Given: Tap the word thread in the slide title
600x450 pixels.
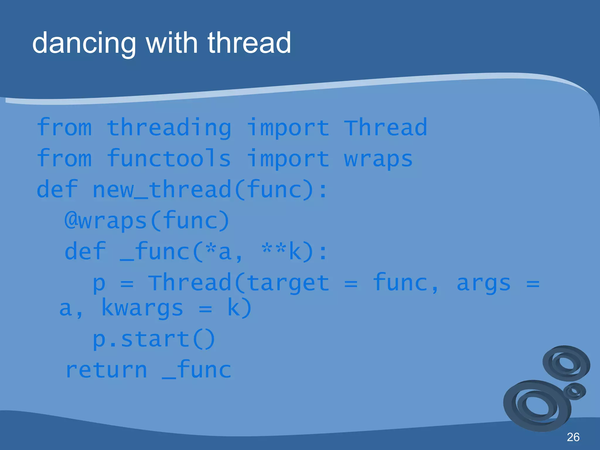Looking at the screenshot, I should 249,43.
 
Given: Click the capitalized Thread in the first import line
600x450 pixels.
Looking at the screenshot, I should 385,128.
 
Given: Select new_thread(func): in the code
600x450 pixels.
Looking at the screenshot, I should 210,190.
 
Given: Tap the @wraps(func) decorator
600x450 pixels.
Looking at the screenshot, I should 146,221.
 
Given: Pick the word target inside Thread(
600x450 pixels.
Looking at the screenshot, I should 288,283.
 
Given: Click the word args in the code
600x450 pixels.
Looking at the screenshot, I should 483,283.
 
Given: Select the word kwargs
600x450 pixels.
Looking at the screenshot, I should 142,308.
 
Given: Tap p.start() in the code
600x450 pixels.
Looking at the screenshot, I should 154,340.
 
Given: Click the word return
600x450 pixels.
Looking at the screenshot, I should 106,370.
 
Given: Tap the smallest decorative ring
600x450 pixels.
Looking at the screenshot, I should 574,391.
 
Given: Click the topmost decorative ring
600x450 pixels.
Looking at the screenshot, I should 566,363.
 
